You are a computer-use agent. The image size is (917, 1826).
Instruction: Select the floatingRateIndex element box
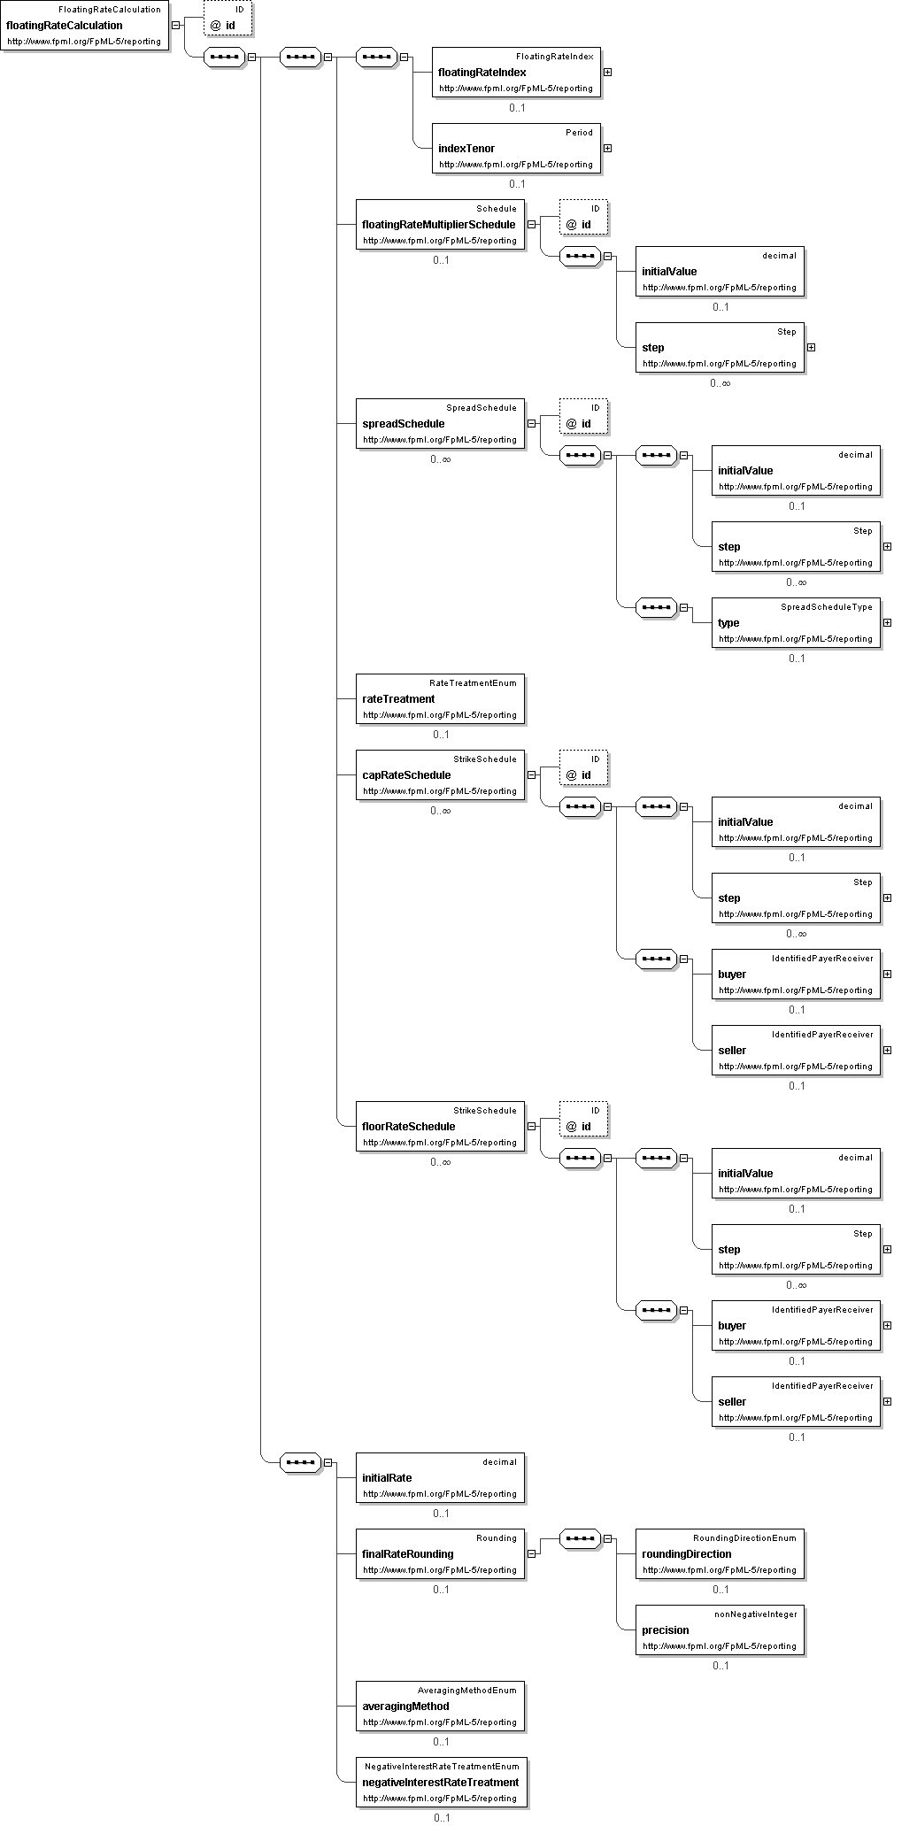(516, 72)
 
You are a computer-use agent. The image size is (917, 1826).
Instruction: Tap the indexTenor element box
(516, 148)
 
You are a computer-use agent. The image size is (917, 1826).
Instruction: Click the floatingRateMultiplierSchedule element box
(440, 224)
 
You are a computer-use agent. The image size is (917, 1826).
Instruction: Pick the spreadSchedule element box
(440, 423)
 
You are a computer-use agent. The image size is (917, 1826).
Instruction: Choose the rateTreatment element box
(440, 698)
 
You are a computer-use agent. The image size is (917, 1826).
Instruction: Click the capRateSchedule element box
(440, 774)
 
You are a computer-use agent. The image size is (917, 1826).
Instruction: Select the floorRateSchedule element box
(440, 1126)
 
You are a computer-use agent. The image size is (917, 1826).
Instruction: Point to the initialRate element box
(440, 1477)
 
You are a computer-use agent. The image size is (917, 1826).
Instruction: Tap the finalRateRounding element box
(440, 1553)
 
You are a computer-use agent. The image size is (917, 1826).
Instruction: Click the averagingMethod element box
(440, 1706)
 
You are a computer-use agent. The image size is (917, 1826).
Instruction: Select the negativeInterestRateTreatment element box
(441, 1782)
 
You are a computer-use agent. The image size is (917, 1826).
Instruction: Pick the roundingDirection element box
(720, 1553)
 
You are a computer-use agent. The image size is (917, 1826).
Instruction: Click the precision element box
(720, 1630)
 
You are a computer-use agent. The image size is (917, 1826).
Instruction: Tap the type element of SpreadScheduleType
(796, 622)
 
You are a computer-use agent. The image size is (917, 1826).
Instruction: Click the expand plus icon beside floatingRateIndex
(607, 73)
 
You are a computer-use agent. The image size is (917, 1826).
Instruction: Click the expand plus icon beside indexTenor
(607, 149)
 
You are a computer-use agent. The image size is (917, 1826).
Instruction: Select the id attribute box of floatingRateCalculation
(228, 19)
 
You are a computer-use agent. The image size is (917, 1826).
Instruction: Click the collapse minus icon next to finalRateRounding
(531, 1553)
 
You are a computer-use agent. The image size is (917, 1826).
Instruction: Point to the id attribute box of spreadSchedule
(584, 416)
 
